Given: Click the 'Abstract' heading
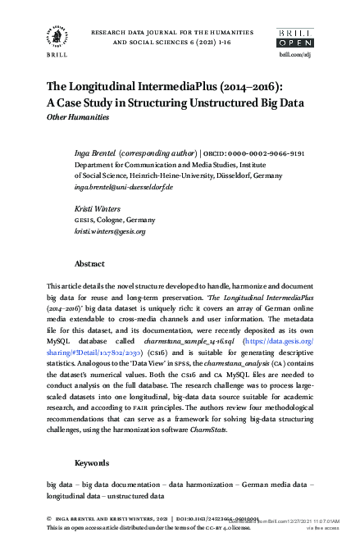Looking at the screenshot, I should coord(89,264).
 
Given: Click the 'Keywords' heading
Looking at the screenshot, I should coord(92,463).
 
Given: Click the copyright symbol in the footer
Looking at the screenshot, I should coord(49,519).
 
